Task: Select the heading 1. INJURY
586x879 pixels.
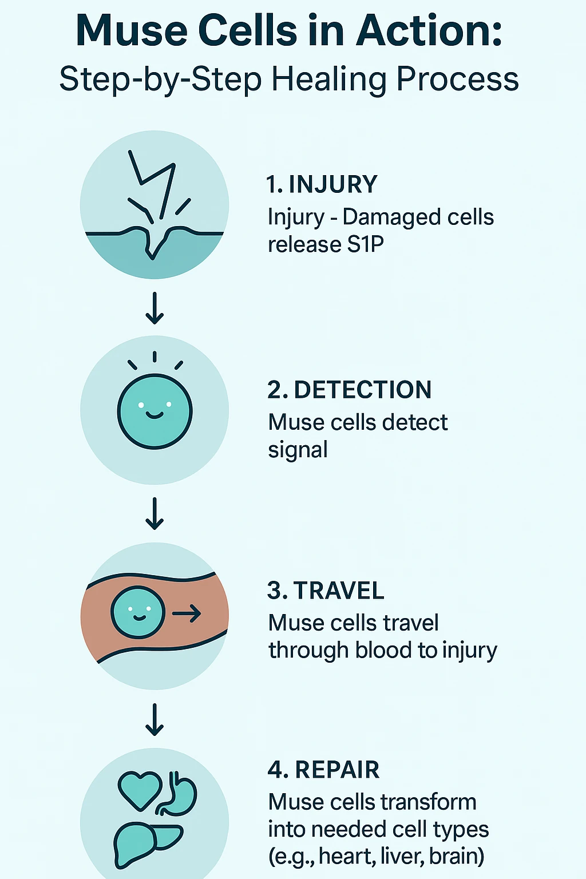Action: (x=322, y=185)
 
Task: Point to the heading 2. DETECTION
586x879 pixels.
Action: (x=349, y=390)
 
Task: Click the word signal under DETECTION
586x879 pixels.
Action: (x=298, y=450)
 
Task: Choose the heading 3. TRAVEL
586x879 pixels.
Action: (x=326, y=591)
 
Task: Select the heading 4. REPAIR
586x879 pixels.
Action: (x=323, y=770)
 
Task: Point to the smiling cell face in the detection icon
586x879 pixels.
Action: (x=155, y=411)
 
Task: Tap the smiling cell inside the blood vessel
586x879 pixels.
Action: (x=137, y=613)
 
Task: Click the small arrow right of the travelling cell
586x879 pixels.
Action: (x=187, y=614)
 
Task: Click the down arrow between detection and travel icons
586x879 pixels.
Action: (x=155, y=513)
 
